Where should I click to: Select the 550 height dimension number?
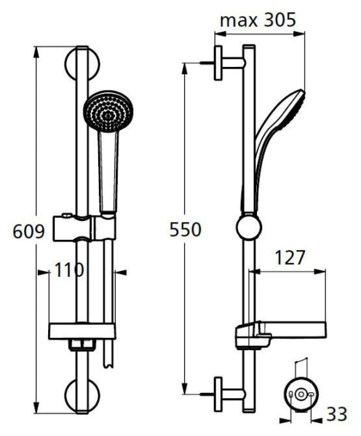(x=186, y=229)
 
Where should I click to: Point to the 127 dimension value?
(x=290, y=258)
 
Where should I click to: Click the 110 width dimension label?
(x=68, y=270)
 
